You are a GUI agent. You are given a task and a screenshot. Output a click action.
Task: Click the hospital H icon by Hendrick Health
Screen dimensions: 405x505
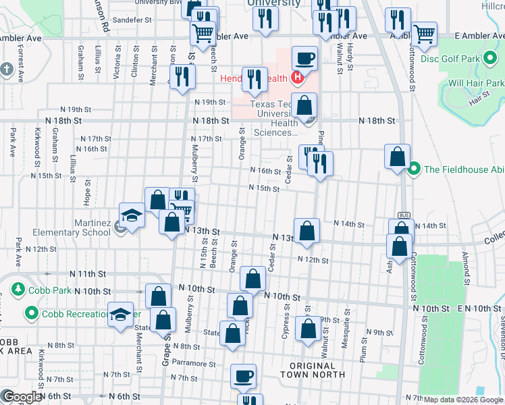coord(296,78)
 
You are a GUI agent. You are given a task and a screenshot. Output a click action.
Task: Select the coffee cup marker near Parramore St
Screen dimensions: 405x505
coord(244,376)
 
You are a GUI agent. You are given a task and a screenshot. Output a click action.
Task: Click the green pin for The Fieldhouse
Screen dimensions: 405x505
coord(415,168)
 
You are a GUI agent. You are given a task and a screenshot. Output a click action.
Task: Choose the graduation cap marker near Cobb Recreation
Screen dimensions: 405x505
coord(121,316)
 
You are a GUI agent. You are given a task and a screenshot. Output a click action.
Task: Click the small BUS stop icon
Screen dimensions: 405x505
coord(404,215)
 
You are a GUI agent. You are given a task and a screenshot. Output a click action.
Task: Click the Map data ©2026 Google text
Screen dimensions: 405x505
coord(464,400)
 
